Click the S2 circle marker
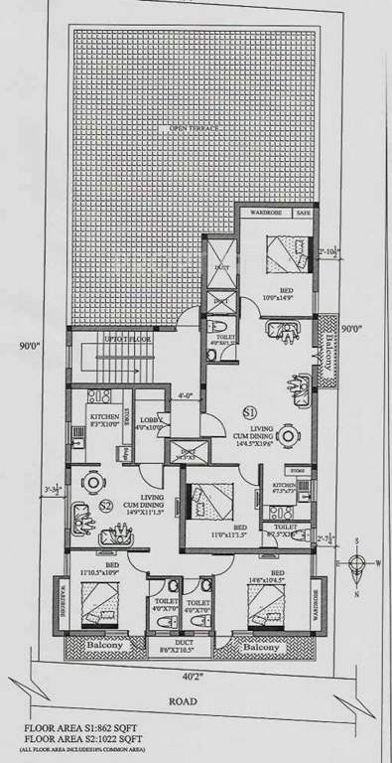pyautogui.click(x=106, y=508)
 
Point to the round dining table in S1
pyautogui.click(x=288, y=434)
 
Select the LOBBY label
pyautogui.click(x=148, y=424)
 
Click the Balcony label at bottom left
pyautogui.click(x=106, y=644)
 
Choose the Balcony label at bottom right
pyautogui.click(x=263, y=644)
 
